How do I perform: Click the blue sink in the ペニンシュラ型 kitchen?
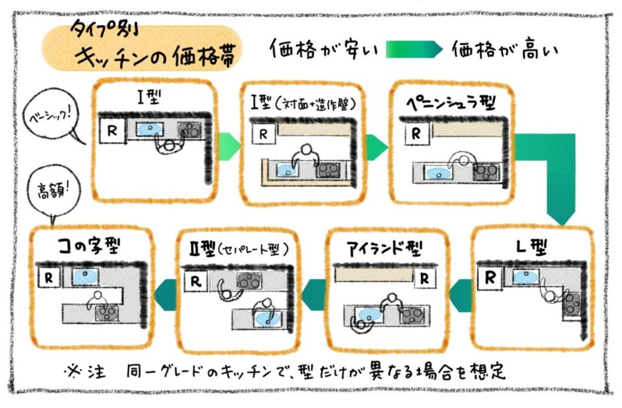click(x=436, y=173)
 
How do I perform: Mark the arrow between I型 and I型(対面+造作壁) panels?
click(x=228, y=144)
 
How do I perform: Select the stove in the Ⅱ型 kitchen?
click(x=246, y=281)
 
